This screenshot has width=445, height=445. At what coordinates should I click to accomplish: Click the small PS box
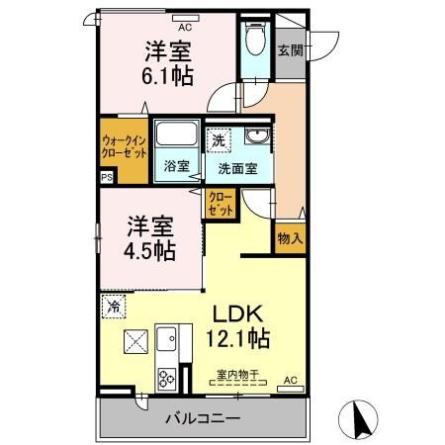[x=106, y=179]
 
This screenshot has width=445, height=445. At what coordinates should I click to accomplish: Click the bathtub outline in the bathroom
[x=179, y=136]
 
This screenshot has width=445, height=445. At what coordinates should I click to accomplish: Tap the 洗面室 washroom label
[x=238, y=168]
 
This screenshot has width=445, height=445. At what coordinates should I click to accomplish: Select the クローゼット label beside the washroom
[x=221, y=204]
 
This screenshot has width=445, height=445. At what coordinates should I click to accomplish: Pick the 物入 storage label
[x=290, y=237]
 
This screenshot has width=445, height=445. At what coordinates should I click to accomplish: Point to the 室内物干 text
[x=237, y=374]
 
